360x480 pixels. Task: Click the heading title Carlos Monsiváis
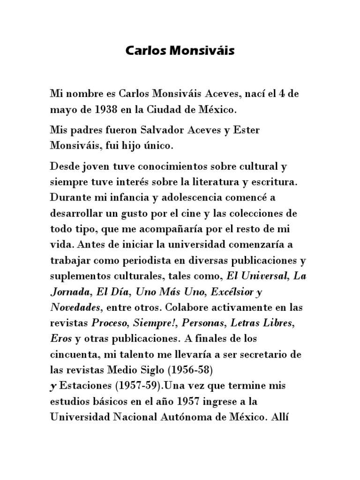[180, 51]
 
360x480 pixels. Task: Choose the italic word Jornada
[70, 292]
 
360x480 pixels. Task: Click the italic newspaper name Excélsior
[230, 292]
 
